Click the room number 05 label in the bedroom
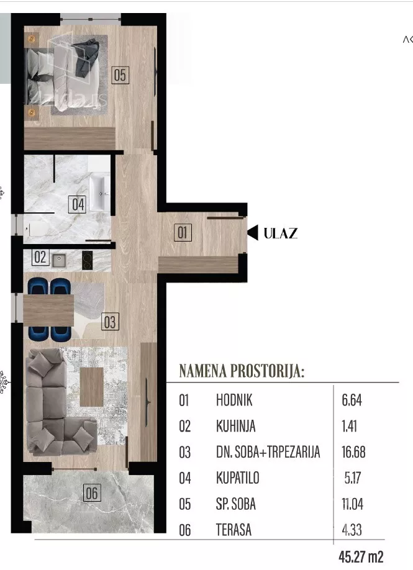coord(120,75)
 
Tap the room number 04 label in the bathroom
coord(78,204)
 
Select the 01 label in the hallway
coord(183,233)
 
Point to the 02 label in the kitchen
coord(40,257)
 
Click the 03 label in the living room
coord(110,322)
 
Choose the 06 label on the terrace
coord(92,493)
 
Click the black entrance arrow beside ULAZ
coord(253,233)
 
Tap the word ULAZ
coord(281,233)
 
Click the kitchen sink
coord(59,260)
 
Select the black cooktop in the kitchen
coord(87,260)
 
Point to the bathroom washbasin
coord(99,193)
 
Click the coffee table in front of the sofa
coord(92,387)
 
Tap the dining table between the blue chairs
coord(48,310)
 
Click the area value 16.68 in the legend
coord(353,452)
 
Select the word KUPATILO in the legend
coord(238,477)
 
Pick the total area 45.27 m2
coord(361,556)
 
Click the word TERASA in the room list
coord(234,530)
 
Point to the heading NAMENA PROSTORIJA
coord(242,371)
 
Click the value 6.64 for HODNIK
coord(352,400)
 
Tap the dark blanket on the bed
coord(87,58)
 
